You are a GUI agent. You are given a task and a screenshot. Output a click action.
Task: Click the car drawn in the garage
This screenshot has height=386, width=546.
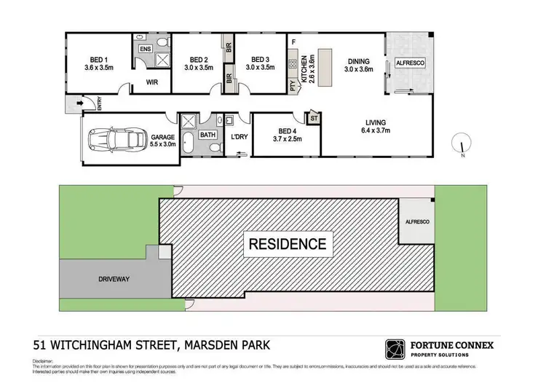click(x=115, y=138)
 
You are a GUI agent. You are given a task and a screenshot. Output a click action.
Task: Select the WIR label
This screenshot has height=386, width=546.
click(x=152, y=82)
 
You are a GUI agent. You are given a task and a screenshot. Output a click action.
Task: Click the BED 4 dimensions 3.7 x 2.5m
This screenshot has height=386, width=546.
click(x=287, y=138)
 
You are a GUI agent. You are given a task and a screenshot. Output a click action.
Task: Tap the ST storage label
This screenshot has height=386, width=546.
click(x=314, y=117)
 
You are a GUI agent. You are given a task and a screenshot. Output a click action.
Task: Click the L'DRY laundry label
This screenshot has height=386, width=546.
click(x=237, y=137)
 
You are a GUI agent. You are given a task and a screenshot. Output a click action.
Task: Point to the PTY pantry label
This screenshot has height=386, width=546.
click(x=292, y=86)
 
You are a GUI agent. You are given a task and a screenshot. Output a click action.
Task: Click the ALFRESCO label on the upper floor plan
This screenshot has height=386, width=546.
click(x=410, y=63)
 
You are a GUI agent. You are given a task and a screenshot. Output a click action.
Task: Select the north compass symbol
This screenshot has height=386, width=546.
click(x=460, y=143)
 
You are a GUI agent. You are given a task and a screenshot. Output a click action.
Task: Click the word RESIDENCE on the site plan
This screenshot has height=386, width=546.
click(x=289, y=243)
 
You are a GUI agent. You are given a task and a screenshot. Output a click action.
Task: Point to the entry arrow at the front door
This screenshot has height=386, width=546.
click(x=76, y=106)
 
